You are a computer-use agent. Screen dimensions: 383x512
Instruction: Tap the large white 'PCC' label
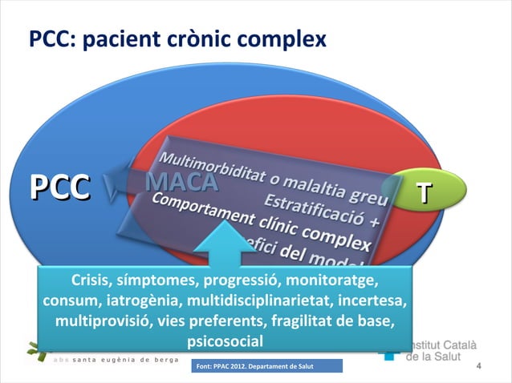pos(59,188)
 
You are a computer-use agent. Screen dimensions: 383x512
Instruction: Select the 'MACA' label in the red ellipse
pos(182,183)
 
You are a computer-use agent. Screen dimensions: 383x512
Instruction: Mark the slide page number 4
pos(478,367)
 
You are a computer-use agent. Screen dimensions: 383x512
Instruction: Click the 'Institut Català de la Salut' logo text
pos(441,350)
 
